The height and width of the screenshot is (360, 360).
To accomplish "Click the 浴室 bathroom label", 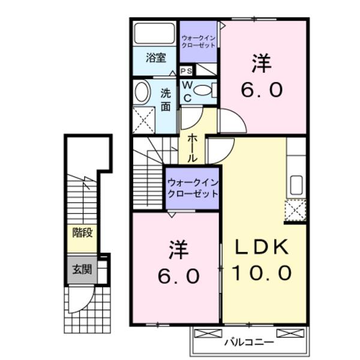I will click(x=155, y=58).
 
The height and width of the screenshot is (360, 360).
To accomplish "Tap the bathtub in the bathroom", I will click(x=155, y=34).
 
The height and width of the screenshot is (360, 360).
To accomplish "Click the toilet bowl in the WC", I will click(x=203, y=90).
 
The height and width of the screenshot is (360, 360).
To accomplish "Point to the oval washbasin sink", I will click(x=142, y=92).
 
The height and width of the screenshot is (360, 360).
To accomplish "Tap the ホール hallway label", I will click(x=192, y=148).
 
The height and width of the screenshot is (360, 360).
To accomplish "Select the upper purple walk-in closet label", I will click(x=199, y=41).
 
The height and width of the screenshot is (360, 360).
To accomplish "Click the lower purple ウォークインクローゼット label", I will click(x=193, y=187).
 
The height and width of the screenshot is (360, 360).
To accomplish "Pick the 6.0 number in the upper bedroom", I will click(x=262, y=90).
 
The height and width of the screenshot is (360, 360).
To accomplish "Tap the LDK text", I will click(x=262, y=247).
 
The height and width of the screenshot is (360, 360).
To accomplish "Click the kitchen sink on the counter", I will click(x=295, y=185).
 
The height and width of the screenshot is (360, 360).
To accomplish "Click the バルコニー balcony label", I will click(x=249, y=343).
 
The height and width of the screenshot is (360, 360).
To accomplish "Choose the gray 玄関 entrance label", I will click(x=82, y=269).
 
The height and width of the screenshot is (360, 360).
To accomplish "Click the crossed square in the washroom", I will click(x=144, y=120).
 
